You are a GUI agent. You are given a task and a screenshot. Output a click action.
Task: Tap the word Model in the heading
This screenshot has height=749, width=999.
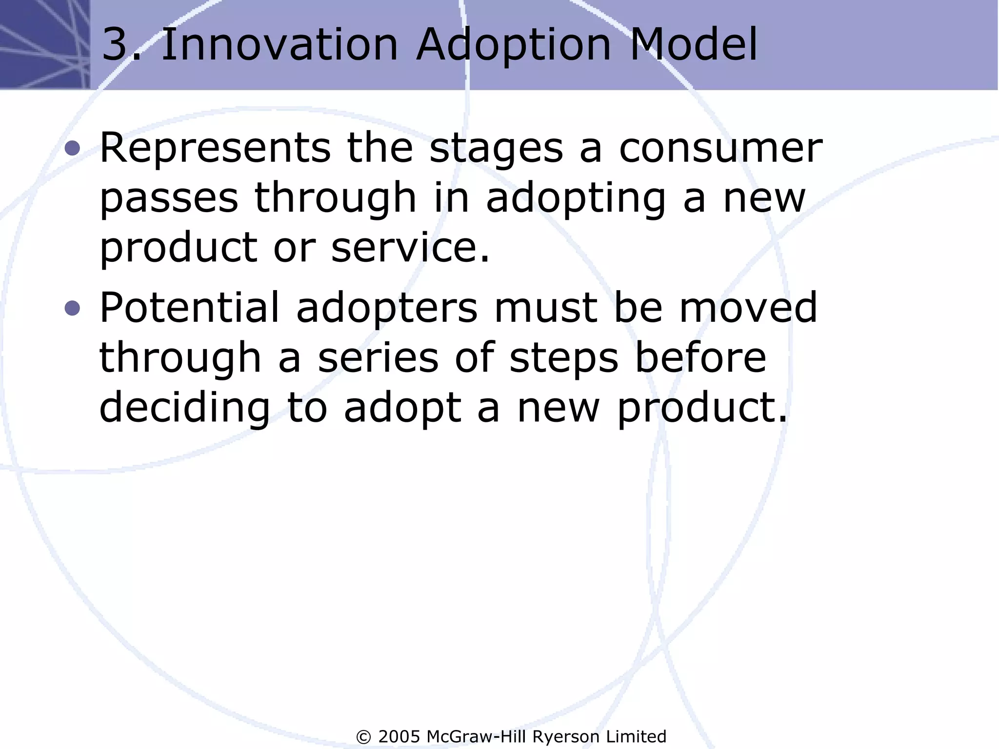pos(693,45)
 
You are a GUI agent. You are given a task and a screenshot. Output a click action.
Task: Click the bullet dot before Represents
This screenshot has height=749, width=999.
pos(72,148)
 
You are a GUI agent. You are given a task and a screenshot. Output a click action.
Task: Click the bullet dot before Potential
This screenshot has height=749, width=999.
pos(72,308)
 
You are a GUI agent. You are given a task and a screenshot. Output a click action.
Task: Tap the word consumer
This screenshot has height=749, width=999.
pos(720,149)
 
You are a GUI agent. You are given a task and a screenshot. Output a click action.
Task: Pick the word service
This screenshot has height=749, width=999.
pos(404,247)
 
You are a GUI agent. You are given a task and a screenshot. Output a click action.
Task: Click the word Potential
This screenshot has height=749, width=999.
pos(190,308)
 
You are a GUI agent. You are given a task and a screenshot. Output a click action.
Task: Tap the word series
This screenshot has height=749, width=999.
pos(378,358)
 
